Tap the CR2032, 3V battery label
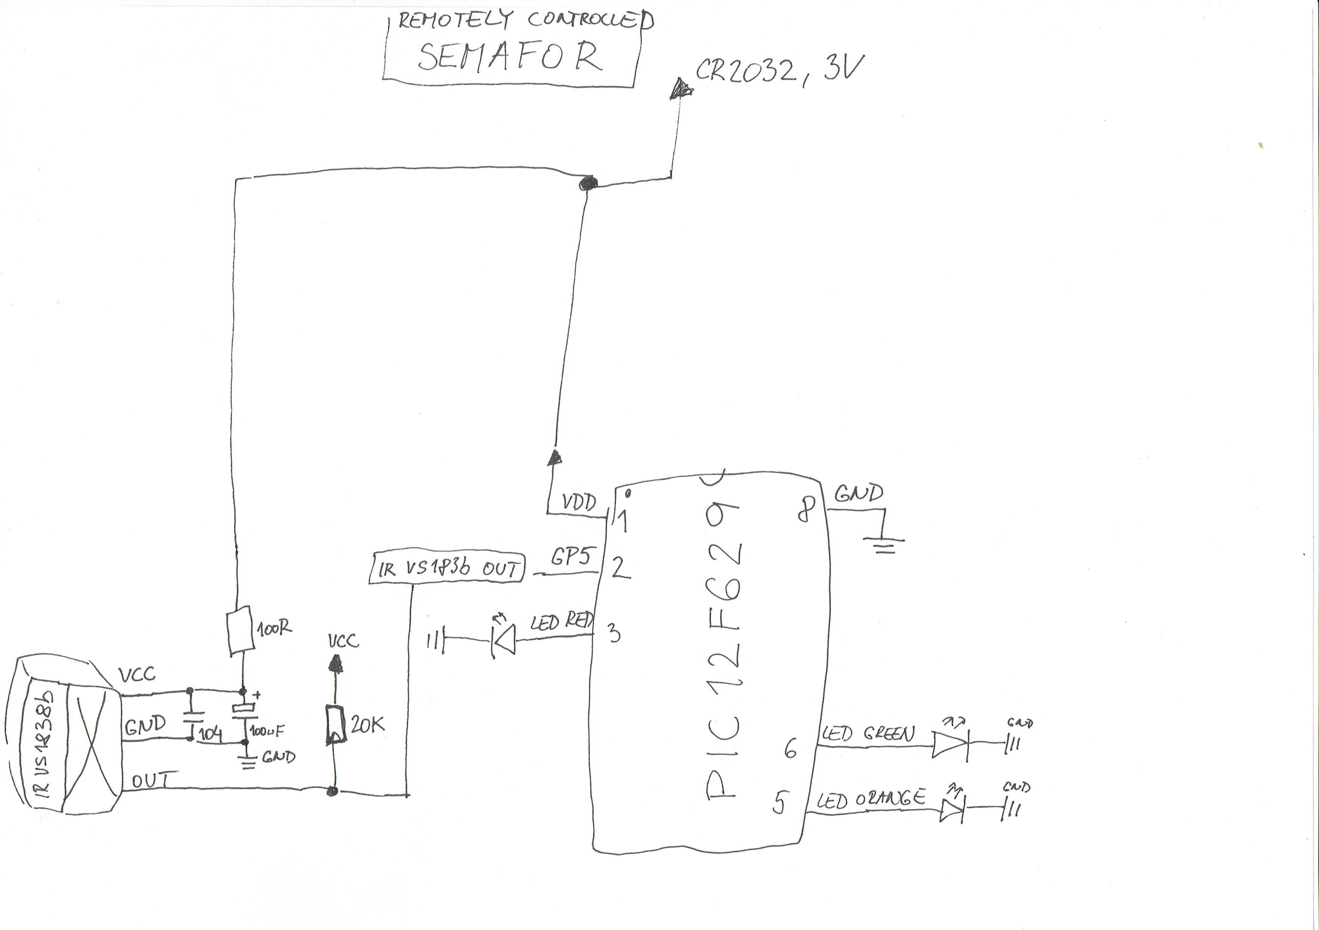coord(779,71)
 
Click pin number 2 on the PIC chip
coord(621,568)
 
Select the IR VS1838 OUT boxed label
coord(446,568)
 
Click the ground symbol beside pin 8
coord(884,543)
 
